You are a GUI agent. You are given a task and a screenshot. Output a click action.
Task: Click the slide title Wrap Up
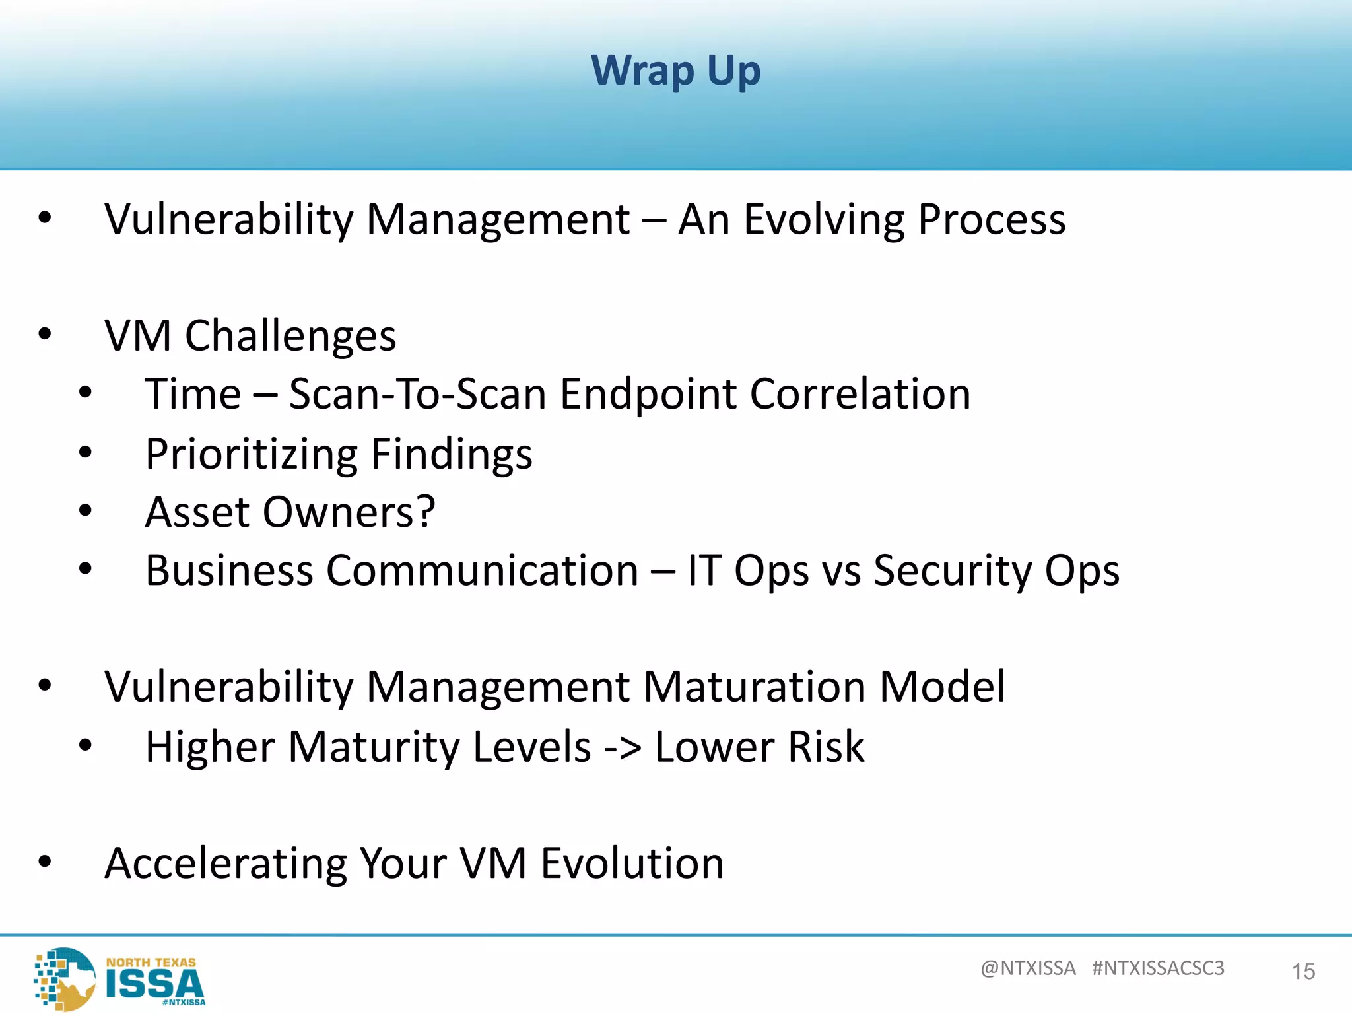pyautogui.click(x=675, y=71)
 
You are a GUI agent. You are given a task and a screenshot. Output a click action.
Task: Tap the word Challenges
pyautogui.click(x=290, y=336)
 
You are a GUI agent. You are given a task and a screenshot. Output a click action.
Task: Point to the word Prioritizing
pyautogui.click(x=251, y=455)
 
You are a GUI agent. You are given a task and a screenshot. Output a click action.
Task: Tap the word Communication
pyautogui.click(x=482, y=570)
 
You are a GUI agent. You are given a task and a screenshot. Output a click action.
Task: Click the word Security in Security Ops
pyautogui.click(x=951, y=570)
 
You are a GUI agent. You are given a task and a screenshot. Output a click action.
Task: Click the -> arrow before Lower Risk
pyautogui.click(x=623, y=748)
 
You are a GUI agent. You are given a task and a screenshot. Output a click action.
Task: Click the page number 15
pyautogui.click(x=1303, y=972)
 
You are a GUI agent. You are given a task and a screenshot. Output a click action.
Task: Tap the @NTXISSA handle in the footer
pyautogui.click(x=1028, y=968)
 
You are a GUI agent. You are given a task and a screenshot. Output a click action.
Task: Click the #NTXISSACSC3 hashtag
pyautogui.click(x=1158, y=968)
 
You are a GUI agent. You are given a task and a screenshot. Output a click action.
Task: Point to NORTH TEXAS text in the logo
pyautogui.click(x=151, y=963)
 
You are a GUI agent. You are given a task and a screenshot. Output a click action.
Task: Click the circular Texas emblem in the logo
pyautogui.click(x=66, y=979)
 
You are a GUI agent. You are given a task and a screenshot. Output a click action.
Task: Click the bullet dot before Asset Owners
pyautogui.click(x=85, y=511)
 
